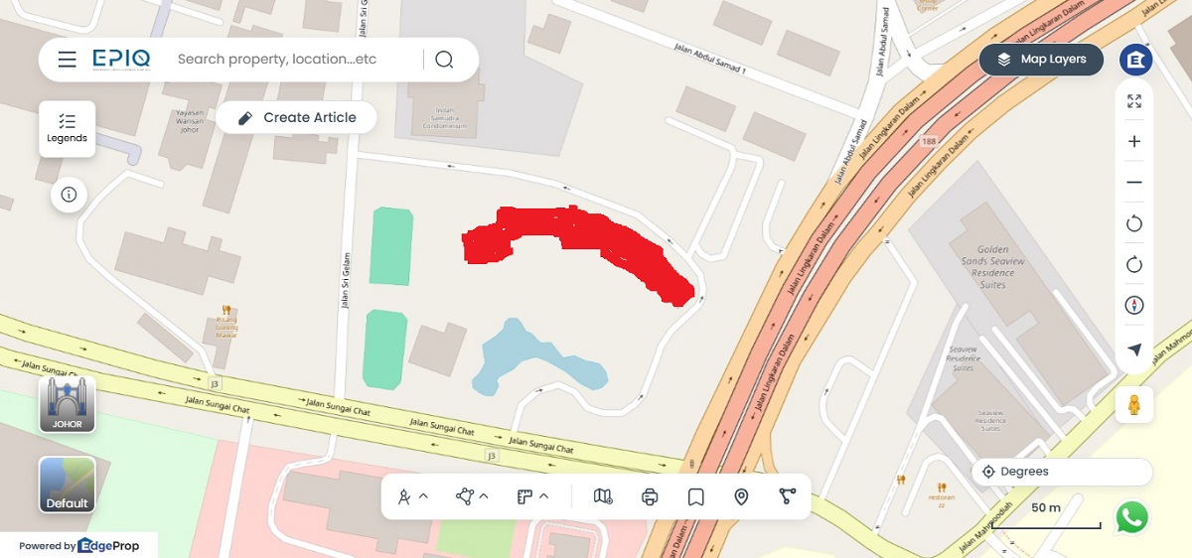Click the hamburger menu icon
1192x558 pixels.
pos(67,60)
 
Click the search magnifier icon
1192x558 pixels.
pos(444,60)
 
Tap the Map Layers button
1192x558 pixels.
pos(1041,60)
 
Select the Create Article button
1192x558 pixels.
pos(296,117)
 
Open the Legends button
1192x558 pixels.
pos(68,128)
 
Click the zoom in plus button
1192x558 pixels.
pos(1134,141)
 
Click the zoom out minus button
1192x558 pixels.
pos(1134,183)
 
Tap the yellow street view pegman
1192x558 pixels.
pos(1133,405)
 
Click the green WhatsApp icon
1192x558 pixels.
pos(1131,517)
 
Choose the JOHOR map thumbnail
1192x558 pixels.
pos(68,404)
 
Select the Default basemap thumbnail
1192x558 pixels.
pos(68,485)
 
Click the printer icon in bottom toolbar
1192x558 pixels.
pos(650,496)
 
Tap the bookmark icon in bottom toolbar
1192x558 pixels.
pos(695,496)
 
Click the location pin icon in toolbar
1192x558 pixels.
pos(741,496)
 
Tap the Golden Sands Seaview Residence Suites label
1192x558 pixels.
pos(992,267)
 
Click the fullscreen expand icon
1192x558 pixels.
pos(1134,100)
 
